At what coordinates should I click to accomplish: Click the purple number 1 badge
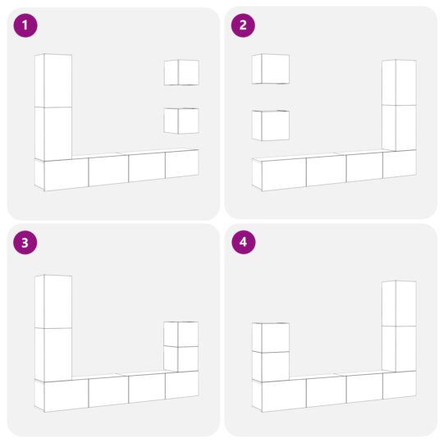click(x=25, y=25)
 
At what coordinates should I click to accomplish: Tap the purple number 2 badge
click(x=242, y=25)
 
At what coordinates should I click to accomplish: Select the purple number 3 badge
click(x=25, y=242)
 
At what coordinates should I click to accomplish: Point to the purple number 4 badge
click(x=242, y=242)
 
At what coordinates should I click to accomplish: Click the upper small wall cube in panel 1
click(x=181, y=72)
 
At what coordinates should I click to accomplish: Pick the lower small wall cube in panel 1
click(x=181, y=121)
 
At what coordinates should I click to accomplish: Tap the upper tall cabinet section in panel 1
click(x=53, y=80)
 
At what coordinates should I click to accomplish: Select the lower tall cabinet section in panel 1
click(x=53, y=133)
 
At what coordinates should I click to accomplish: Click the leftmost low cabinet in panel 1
click(x=65, y=174)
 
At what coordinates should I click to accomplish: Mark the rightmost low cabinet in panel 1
click(x=181, y=163)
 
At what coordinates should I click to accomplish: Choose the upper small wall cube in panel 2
click(x=271, y=69)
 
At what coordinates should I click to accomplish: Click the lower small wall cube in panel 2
click(x=271, y=126)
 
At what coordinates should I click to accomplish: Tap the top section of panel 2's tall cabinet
click(x=400, y=82)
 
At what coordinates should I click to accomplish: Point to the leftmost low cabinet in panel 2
click(x=283, y=174)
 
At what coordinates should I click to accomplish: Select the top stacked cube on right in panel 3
click(x=181, y=334)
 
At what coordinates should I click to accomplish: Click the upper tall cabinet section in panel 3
click(x=53, y=301)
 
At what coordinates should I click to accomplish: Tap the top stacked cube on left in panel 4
click(x=271, y=337)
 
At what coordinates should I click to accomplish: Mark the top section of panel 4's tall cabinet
click(x=400, y=303)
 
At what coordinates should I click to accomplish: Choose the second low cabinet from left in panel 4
click(x=326, y=391)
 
